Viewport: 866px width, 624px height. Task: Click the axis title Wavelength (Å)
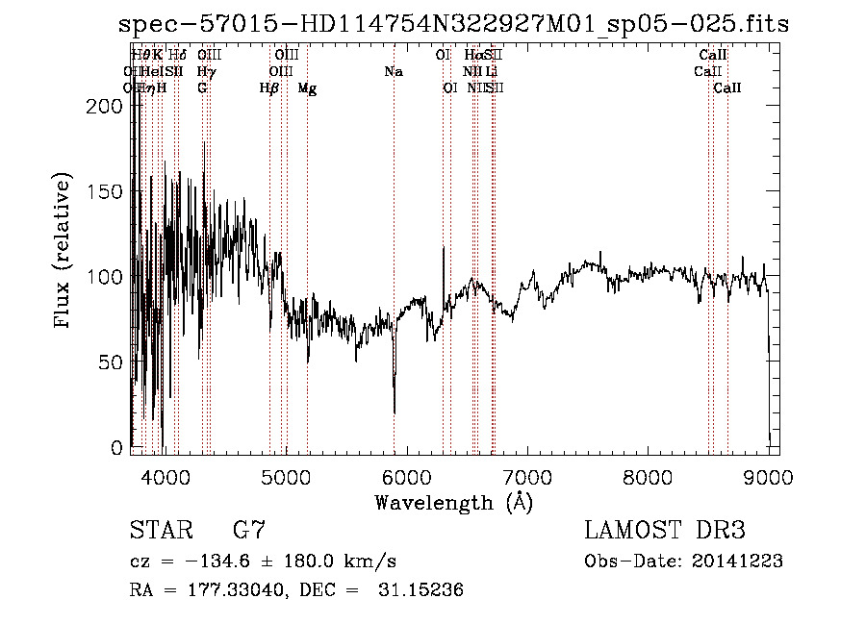tap(453, 501)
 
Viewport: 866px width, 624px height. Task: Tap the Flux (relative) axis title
tap(64, 253)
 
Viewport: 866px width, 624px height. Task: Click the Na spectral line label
tap(393, 72)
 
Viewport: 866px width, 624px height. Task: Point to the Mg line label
tap(307, 87)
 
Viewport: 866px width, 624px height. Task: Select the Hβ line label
tap(269, 87)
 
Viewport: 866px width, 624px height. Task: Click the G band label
tap(202, 87)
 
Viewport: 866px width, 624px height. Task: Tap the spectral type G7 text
tap(249, 530)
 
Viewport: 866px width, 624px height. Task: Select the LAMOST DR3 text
tap(664, 530)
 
